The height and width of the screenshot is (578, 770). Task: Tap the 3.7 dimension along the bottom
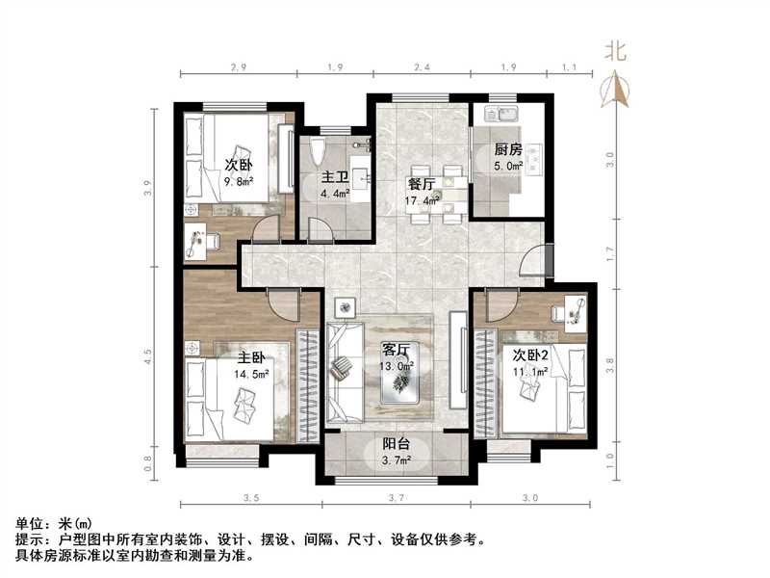[x=395, y=497]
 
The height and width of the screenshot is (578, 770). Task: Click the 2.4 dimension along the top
[x=421, y=68]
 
